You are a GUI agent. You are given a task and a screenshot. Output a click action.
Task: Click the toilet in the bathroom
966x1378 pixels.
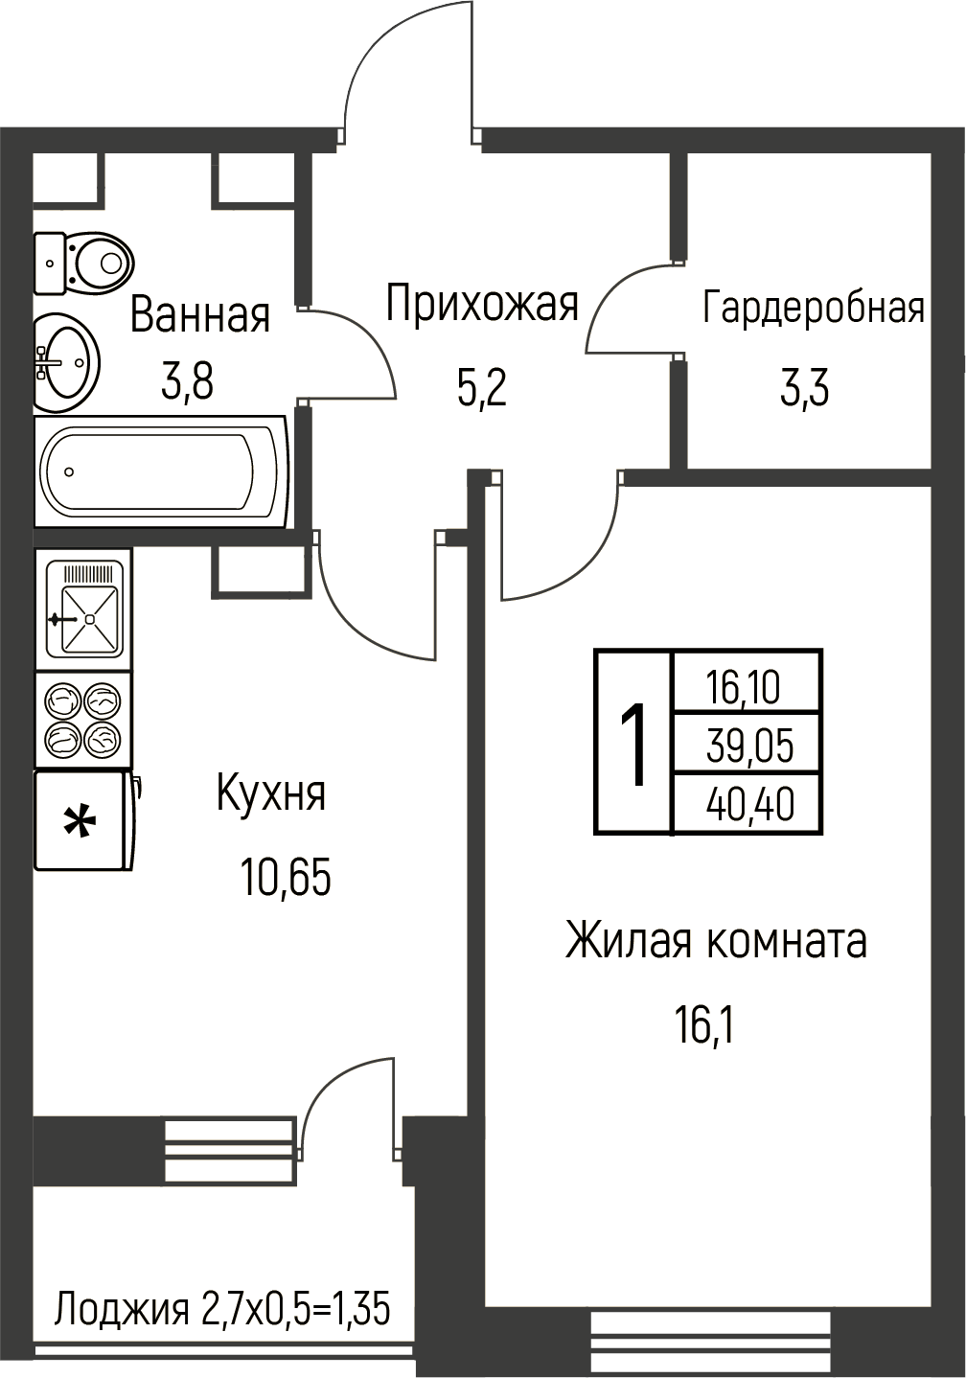[84, 264]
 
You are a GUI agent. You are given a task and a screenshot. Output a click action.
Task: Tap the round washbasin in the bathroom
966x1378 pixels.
[66, 362]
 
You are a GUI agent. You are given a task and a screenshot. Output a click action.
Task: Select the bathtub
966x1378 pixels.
[161, 471]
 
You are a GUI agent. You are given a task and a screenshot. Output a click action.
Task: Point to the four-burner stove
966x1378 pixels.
[83, 719]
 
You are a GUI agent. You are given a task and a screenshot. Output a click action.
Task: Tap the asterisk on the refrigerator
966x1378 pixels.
[80, 822]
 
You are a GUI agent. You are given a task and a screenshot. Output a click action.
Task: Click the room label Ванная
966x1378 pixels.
[200, 315]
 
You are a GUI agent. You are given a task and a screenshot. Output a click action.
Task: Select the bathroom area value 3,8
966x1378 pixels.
[187, 381]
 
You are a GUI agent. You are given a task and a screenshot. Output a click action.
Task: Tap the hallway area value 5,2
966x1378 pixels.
[482, 388]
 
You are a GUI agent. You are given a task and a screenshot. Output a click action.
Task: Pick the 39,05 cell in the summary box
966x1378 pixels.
[749, 745]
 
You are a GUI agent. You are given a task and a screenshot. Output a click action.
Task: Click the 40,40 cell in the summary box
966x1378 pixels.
[749, 805]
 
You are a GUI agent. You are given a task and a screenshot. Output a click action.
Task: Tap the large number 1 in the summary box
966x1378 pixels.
[632, 745]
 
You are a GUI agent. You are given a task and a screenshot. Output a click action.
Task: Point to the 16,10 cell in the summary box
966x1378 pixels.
[744, 687]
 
